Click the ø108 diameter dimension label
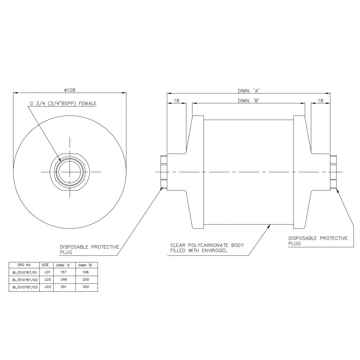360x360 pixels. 69,89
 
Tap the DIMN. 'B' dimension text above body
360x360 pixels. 248,101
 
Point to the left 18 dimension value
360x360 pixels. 176,101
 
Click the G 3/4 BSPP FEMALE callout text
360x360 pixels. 63,104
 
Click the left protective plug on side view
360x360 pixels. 164,172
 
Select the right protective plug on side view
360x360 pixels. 334,172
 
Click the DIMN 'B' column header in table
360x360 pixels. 85,264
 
